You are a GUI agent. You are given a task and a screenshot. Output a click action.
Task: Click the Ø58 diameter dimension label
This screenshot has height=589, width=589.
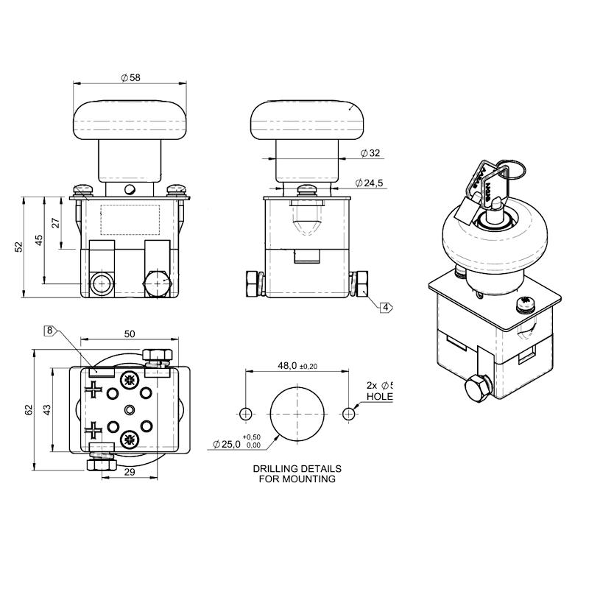click(130, 77)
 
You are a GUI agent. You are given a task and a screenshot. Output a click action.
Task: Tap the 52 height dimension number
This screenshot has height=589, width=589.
click(19, 247)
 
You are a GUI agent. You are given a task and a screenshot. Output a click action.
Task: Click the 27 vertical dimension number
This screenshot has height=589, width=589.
click(56, 223)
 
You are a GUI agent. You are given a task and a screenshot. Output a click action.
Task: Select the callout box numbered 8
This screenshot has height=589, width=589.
click(50, 331)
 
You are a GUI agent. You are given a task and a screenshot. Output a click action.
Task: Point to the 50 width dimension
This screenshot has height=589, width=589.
click(130, 334)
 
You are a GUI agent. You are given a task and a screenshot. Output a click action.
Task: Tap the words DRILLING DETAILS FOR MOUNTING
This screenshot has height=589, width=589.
click(297, 473)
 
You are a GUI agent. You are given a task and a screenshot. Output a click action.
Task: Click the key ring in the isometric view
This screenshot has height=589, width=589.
click(514, 171)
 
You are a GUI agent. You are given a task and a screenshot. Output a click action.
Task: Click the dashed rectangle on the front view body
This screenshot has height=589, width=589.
click(130, 219)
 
